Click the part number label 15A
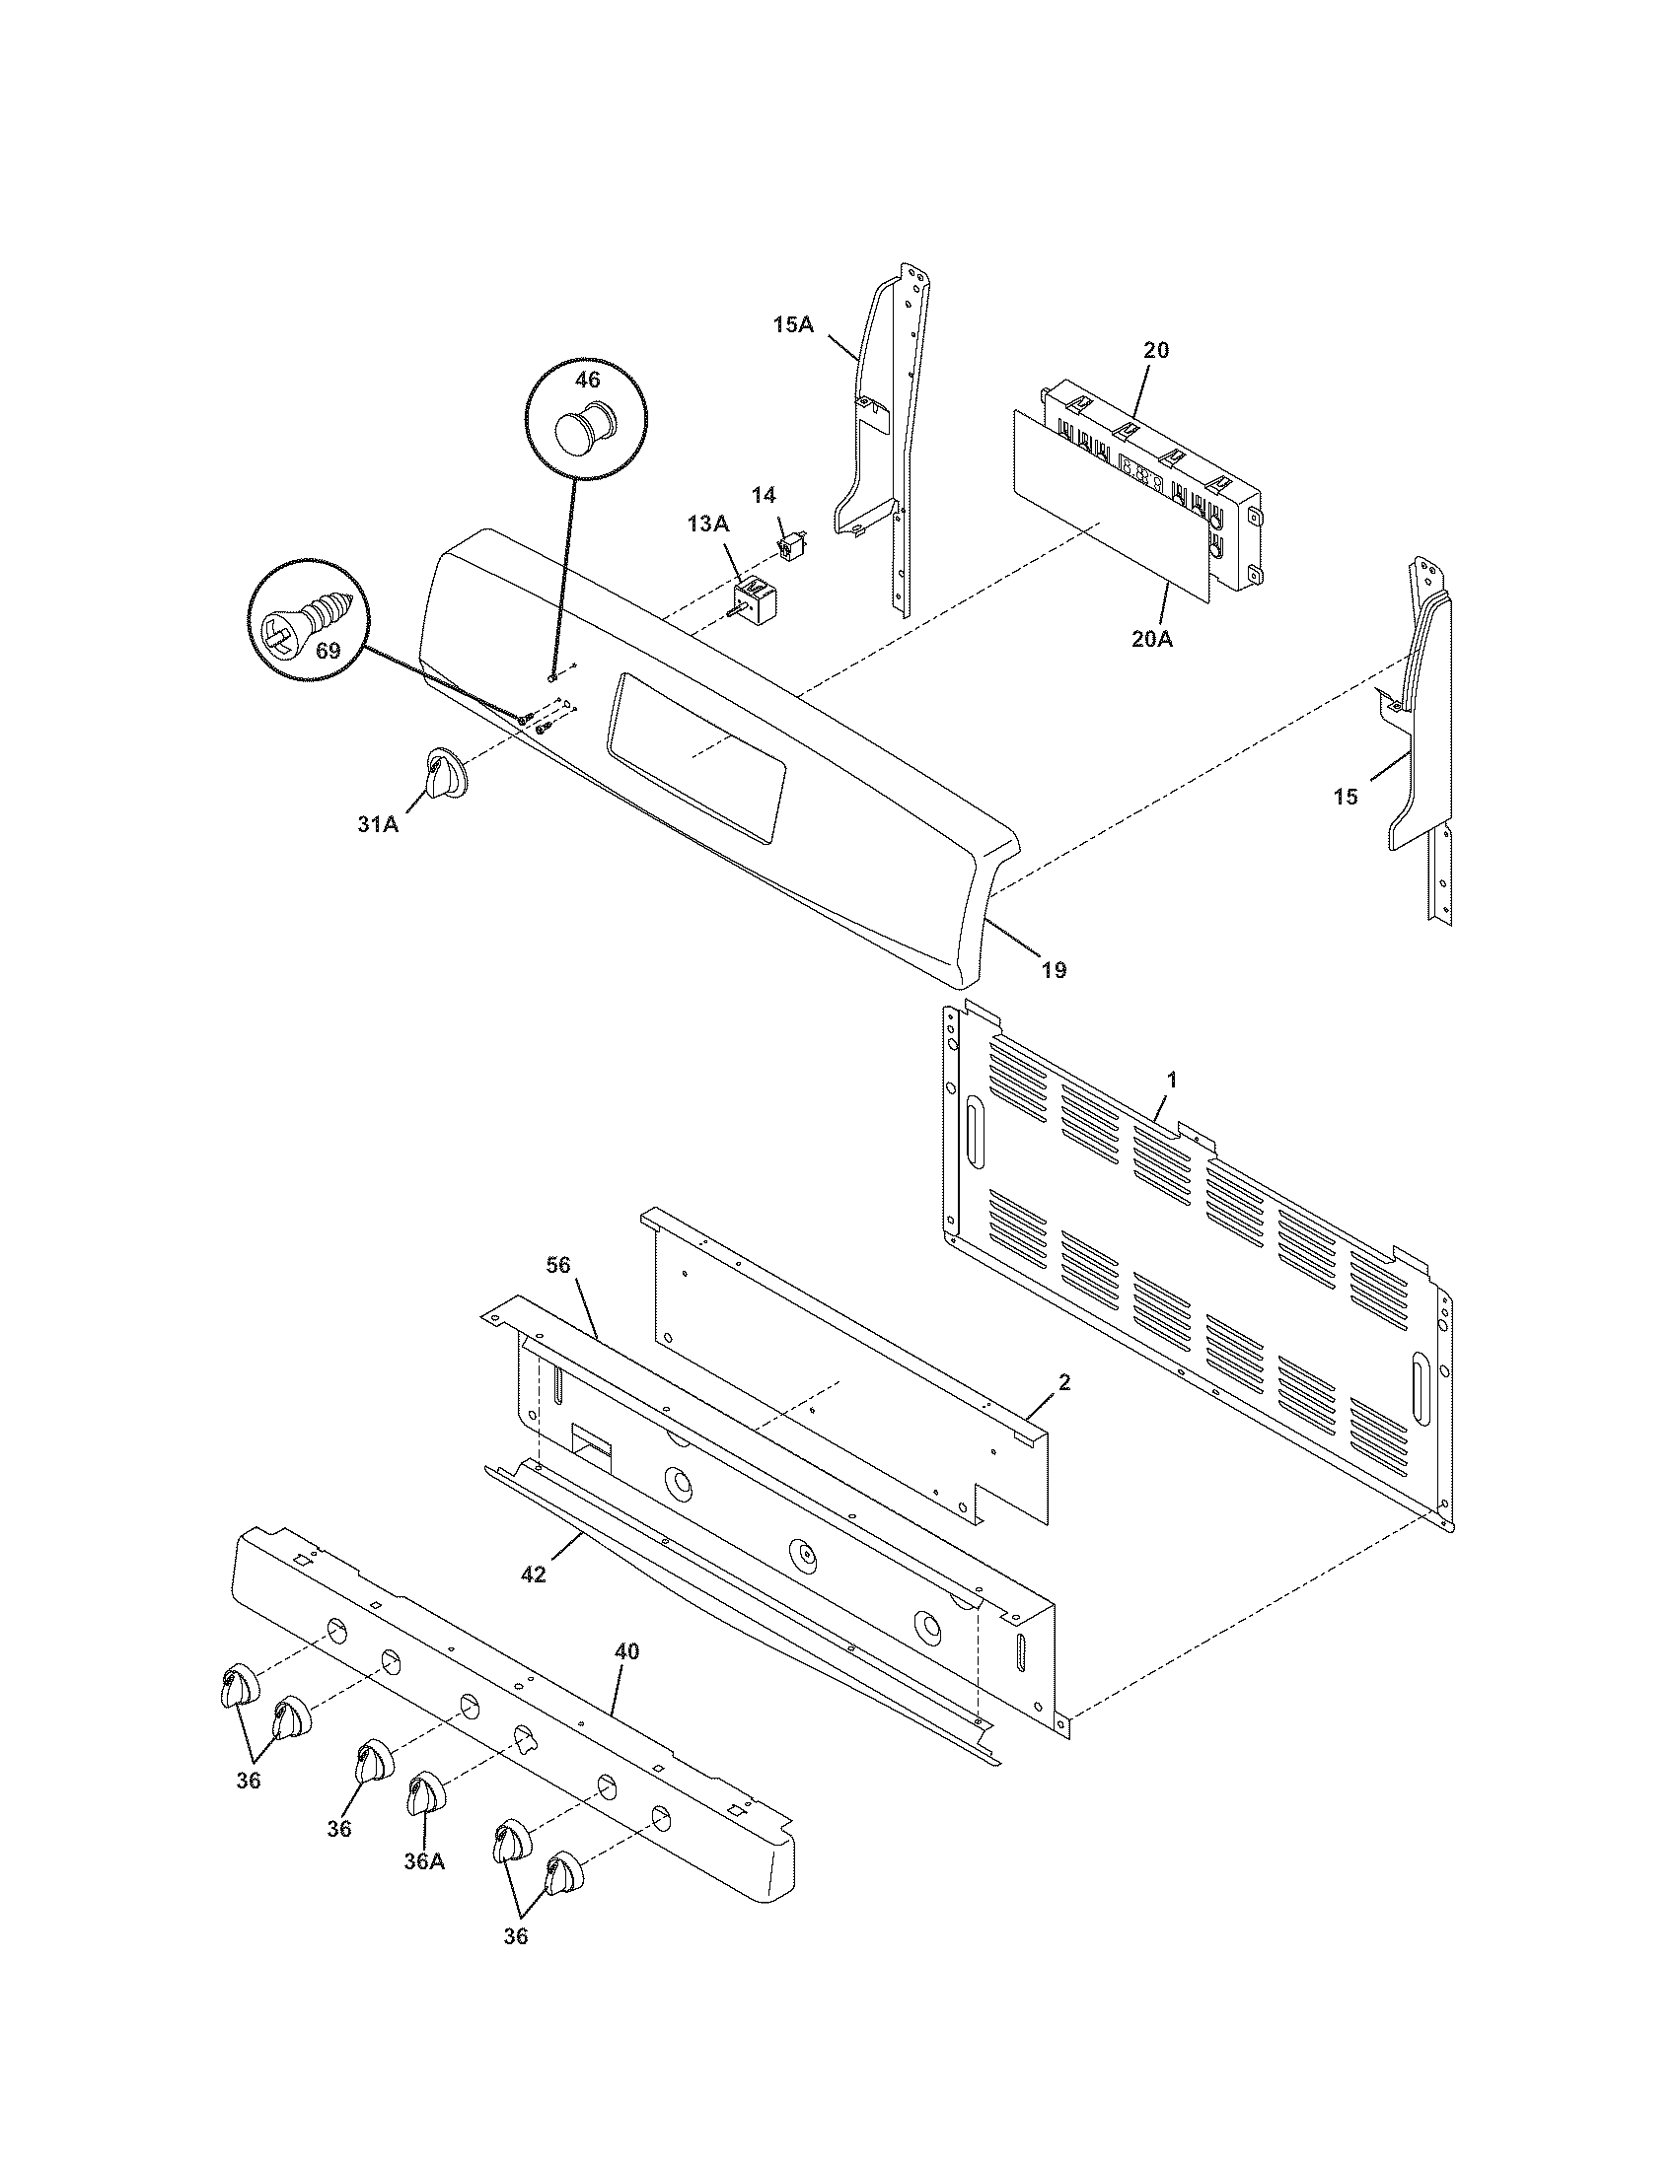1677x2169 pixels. point(792,324)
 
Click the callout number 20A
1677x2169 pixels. point(1151,639)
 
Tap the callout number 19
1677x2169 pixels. point(1054,969)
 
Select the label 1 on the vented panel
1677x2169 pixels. point(1171,1079)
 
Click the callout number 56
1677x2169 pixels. point(558,1263)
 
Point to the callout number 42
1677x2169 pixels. point(534,1574)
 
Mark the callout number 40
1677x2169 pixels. point(626,1650)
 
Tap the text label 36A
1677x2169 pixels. point(424,1861)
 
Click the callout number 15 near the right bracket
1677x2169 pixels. point(1346,797)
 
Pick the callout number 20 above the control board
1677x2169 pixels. point(1156,350)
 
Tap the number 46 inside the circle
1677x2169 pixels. point(588,380)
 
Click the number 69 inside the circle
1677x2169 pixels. point(328,653)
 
